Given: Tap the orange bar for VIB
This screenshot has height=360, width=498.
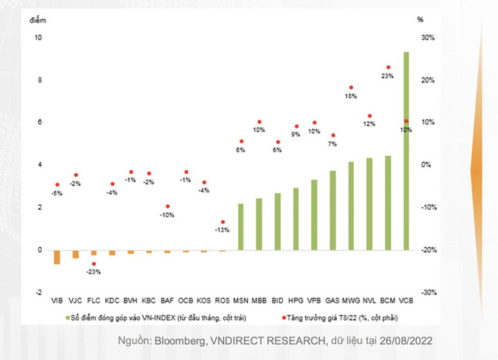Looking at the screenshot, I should [57, 257].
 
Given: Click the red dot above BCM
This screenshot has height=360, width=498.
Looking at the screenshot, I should [388, 67].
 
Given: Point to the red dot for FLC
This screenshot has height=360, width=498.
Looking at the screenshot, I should [93, 264].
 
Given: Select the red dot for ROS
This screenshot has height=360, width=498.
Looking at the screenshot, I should [222, 222].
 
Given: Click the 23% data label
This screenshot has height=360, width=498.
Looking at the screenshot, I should [387, 76].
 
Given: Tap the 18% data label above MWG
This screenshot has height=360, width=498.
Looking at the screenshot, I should [351, 96].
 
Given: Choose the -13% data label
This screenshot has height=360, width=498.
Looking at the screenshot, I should [222, 230].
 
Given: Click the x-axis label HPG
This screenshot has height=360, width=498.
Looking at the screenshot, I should [295, 301].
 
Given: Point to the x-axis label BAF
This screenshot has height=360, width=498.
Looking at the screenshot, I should [167, 301].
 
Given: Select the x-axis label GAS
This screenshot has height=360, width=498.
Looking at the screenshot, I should [332, 301].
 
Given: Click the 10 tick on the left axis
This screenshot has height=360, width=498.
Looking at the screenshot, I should [38, 37].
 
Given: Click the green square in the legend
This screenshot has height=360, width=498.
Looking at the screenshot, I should [68, 317].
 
